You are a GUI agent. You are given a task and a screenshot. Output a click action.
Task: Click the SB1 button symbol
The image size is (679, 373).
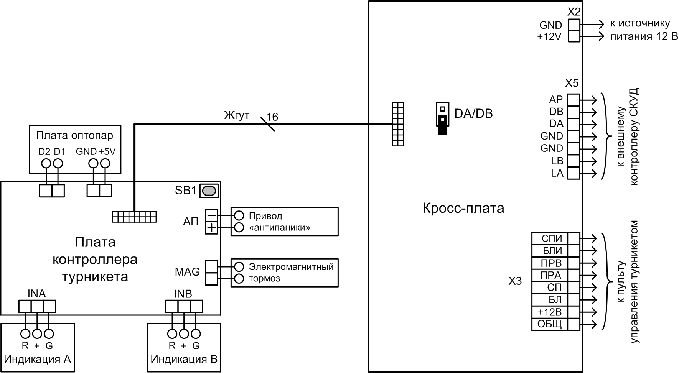click(x=209, y=191)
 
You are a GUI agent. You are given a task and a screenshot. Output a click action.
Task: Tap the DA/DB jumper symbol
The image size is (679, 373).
click(x=442, y=118)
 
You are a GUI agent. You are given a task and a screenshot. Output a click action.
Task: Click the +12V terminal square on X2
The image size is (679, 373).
click(x=574, y=36)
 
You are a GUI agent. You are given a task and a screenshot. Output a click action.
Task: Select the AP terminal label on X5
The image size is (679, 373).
click(x=556, y=99)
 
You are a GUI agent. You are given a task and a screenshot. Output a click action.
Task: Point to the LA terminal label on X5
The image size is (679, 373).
click(x=557, y=173)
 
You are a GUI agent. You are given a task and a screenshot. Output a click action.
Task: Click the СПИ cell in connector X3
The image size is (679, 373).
click(x=551, y=238)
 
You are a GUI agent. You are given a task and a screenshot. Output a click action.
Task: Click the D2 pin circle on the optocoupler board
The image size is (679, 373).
click(x=46, y=164)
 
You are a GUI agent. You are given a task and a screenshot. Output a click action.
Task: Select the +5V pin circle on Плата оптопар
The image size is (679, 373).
click(x=105, y=164)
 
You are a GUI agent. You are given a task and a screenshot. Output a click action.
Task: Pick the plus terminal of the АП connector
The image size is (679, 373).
click(x=211, y=228)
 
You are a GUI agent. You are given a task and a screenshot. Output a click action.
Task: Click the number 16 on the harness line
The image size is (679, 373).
click(x=272, y=117)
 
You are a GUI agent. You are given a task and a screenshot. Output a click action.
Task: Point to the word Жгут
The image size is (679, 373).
click(x=237, y=115)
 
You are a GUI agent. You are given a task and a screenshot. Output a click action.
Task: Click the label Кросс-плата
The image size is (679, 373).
click(x=463, y=208)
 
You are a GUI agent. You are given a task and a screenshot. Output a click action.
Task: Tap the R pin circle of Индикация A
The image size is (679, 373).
click(x=25, y=333)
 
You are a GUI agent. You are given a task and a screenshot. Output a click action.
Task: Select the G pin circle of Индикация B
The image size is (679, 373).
click(x=196, y=333)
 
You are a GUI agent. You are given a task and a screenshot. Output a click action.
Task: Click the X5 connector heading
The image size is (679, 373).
click(x=572, y=83)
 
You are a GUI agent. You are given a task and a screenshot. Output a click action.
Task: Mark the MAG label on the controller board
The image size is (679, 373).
click(x=187, y=272)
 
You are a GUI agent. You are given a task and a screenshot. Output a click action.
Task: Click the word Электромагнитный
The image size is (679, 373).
click(x=291, y=266)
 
